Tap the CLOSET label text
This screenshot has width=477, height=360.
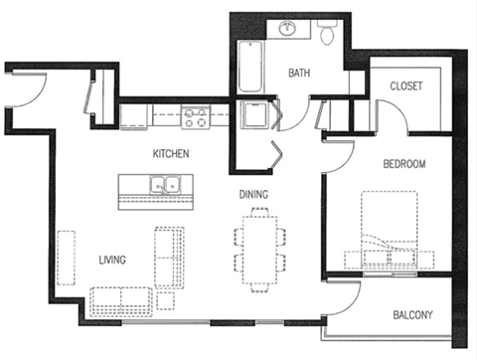coord(406,87)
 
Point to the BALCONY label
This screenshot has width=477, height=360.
coord(411,316)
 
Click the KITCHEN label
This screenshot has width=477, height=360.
coord(171,155)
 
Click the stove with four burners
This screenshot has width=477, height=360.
coord(196,118)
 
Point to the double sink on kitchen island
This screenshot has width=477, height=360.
coord(165,184)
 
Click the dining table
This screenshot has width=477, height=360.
coord(259,248)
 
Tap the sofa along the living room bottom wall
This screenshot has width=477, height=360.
coord(120,300)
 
